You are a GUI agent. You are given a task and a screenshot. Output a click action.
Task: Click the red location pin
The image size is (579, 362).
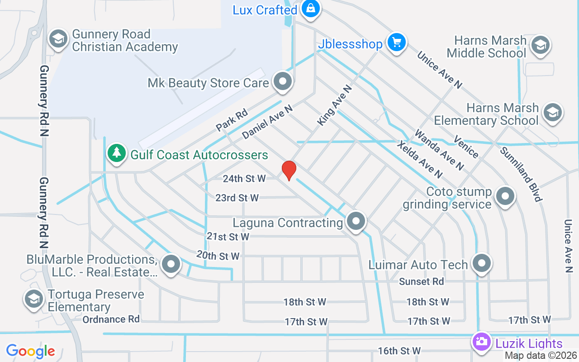point(289,171)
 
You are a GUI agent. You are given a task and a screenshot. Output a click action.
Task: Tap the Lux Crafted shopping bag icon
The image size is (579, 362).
point(311,9)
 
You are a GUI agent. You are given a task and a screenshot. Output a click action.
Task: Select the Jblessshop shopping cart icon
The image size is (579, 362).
point(397,43)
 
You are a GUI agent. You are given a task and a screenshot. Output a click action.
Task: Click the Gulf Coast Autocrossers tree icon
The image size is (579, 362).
point(117,153)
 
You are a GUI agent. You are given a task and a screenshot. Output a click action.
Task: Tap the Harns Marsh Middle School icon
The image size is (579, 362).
point(540,45)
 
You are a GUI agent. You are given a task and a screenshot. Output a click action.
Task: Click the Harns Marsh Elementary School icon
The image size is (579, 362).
point(552,112)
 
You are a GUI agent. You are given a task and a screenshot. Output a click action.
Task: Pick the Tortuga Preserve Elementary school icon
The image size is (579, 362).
point(34,299)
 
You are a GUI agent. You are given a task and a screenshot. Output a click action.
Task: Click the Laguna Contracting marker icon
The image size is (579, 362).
point(356,221)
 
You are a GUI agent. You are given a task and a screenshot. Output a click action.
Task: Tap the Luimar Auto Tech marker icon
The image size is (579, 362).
point(482,263)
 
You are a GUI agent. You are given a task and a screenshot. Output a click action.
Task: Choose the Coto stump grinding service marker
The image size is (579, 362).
point(505,196)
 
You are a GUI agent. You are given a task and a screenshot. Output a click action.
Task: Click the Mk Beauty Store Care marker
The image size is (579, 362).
point(284,82)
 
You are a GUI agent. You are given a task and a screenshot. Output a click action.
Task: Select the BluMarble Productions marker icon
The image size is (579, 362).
point(171,264)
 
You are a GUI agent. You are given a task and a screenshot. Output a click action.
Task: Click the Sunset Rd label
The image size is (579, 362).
point(421,281)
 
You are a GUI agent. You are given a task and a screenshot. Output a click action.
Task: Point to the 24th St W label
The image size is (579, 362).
point(244,179)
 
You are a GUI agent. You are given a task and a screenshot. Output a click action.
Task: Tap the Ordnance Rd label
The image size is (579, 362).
point(111,319)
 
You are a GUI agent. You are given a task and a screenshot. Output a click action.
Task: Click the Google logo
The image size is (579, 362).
point(31,351)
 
